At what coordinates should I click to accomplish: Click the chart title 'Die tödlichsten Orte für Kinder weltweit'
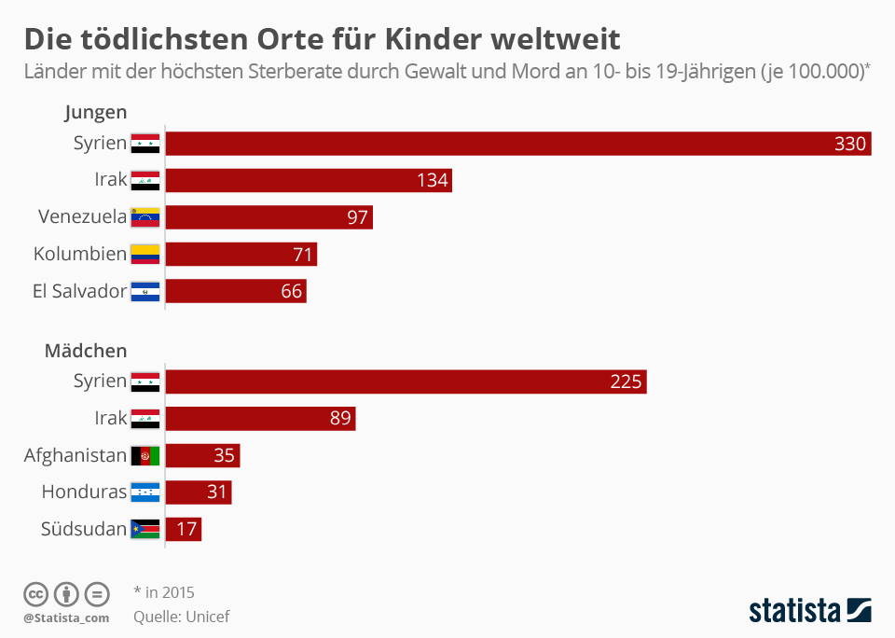click(322, 39)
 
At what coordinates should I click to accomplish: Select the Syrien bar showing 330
click(518, 144)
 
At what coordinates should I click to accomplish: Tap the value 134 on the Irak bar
click(433, 180)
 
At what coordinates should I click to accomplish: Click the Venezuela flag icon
click(145, 217)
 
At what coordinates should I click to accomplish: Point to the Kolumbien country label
click(80, 254)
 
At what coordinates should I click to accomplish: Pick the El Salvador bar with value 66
click(236, 291)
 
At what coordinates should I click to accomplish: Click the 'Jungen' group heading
click(96, 113)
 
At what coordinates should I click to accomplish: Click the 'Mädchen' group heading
click(86, 351)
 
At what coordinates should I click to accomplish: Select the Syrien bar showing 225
click(406, 381)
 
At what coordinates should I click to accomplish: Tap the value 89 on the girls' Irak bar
click(340, 418)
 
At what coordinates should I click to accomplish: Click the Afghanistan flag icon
click(145, 455)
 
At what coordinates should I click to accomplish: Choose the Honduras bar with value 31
click(199, 492)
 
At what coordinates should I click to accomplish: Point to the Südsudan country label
click(84, 529)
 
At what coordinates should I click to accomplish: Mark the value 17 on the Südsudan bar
click(187, 529)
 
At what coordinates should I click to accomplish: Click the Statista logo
click(810, 610)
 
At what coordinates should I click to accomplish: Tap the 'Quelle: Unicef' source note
click(181, 617)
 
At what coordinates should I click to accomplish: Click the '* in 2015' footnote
click(164, 592)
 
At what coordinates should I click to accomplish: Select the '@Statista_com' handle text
click(66, 617)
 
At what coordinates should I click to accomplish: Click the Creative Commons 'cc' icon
click(36, 593)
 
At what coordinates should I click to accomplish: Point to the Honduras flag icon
click(145, 492)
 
